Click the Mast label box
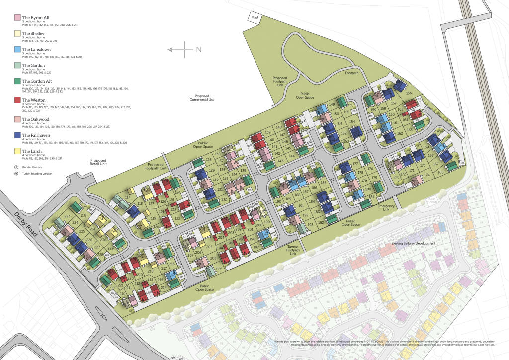coord(255,17)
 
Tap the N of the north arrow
coord(199,49)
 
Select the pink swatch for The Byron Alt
coord(18,18)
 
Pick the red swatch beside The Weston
coord(18,100)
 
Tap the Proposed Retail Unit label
coord(98,162)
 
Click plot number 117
coord(128,198)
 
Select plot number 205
coord(209,247)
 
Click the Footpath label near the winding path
coord(352,73)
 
